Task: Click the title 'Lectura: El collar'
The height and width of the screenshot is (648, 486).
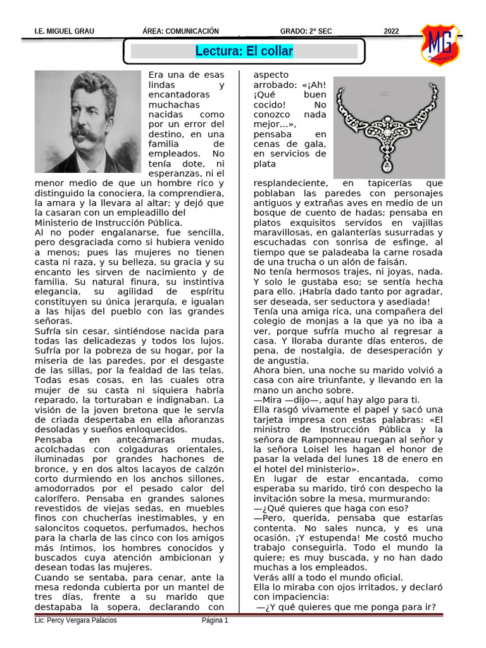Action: point(244,51)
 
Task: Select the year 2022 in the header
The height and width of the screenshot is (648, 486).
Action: point(392,32)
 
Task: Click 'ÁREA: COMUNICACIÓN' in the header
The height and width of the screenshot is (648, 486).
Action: point(181,32)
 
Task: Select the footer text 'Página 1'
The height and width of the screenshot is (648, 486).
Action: point(215,620)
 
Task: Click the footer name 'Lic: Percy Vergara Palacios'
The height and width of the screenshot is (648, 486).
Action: point(76,620)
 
